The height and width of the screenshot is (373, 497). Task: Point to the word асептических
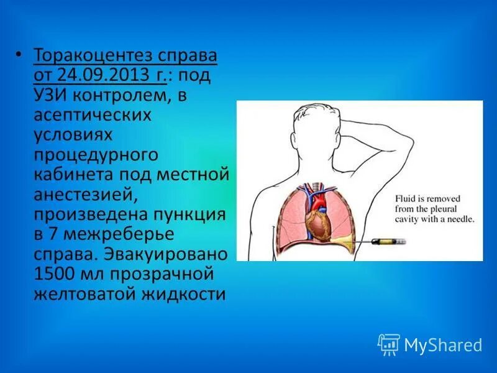[x=93, y=116]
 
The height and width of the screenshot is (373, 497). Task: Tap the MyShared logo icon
[x=390, y=344]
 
